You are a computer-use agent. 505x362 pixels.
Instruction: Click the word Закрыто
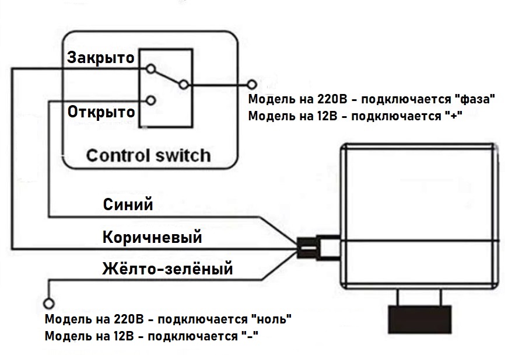coord(101,58)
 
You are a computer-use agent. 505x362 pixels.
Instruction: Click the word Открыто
coord(101,111)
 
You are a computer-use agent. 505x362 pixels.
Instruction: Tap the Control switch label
coord(148,156)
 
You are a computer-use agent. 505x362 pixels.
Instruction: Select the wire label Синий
coord(128,205)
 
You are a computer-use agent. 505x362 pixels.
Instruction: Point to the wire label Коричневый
coord(152,238)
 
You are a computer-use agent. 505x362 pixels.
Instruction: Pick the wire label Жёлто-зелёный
coord(167,269)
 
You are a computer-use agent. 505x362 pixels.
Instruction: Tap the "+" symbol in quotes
coord(453,115)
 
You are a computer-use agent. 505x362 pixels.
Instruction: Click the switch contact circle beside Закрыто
coord(151,69)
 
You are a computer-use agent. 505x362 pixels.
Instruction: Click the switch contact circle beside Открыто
coord(151,100)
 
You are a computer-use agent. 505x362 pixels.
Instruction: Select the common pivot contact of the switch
coord(184,85)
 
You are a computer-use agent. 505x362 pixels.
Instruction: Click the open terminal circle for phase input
coord(252,85)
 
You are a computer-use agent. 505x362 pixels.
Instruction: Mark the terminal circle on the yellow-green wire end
coord(48,303)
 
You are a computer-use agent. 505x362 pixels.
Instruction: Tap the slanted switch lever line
coord(168,77)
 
